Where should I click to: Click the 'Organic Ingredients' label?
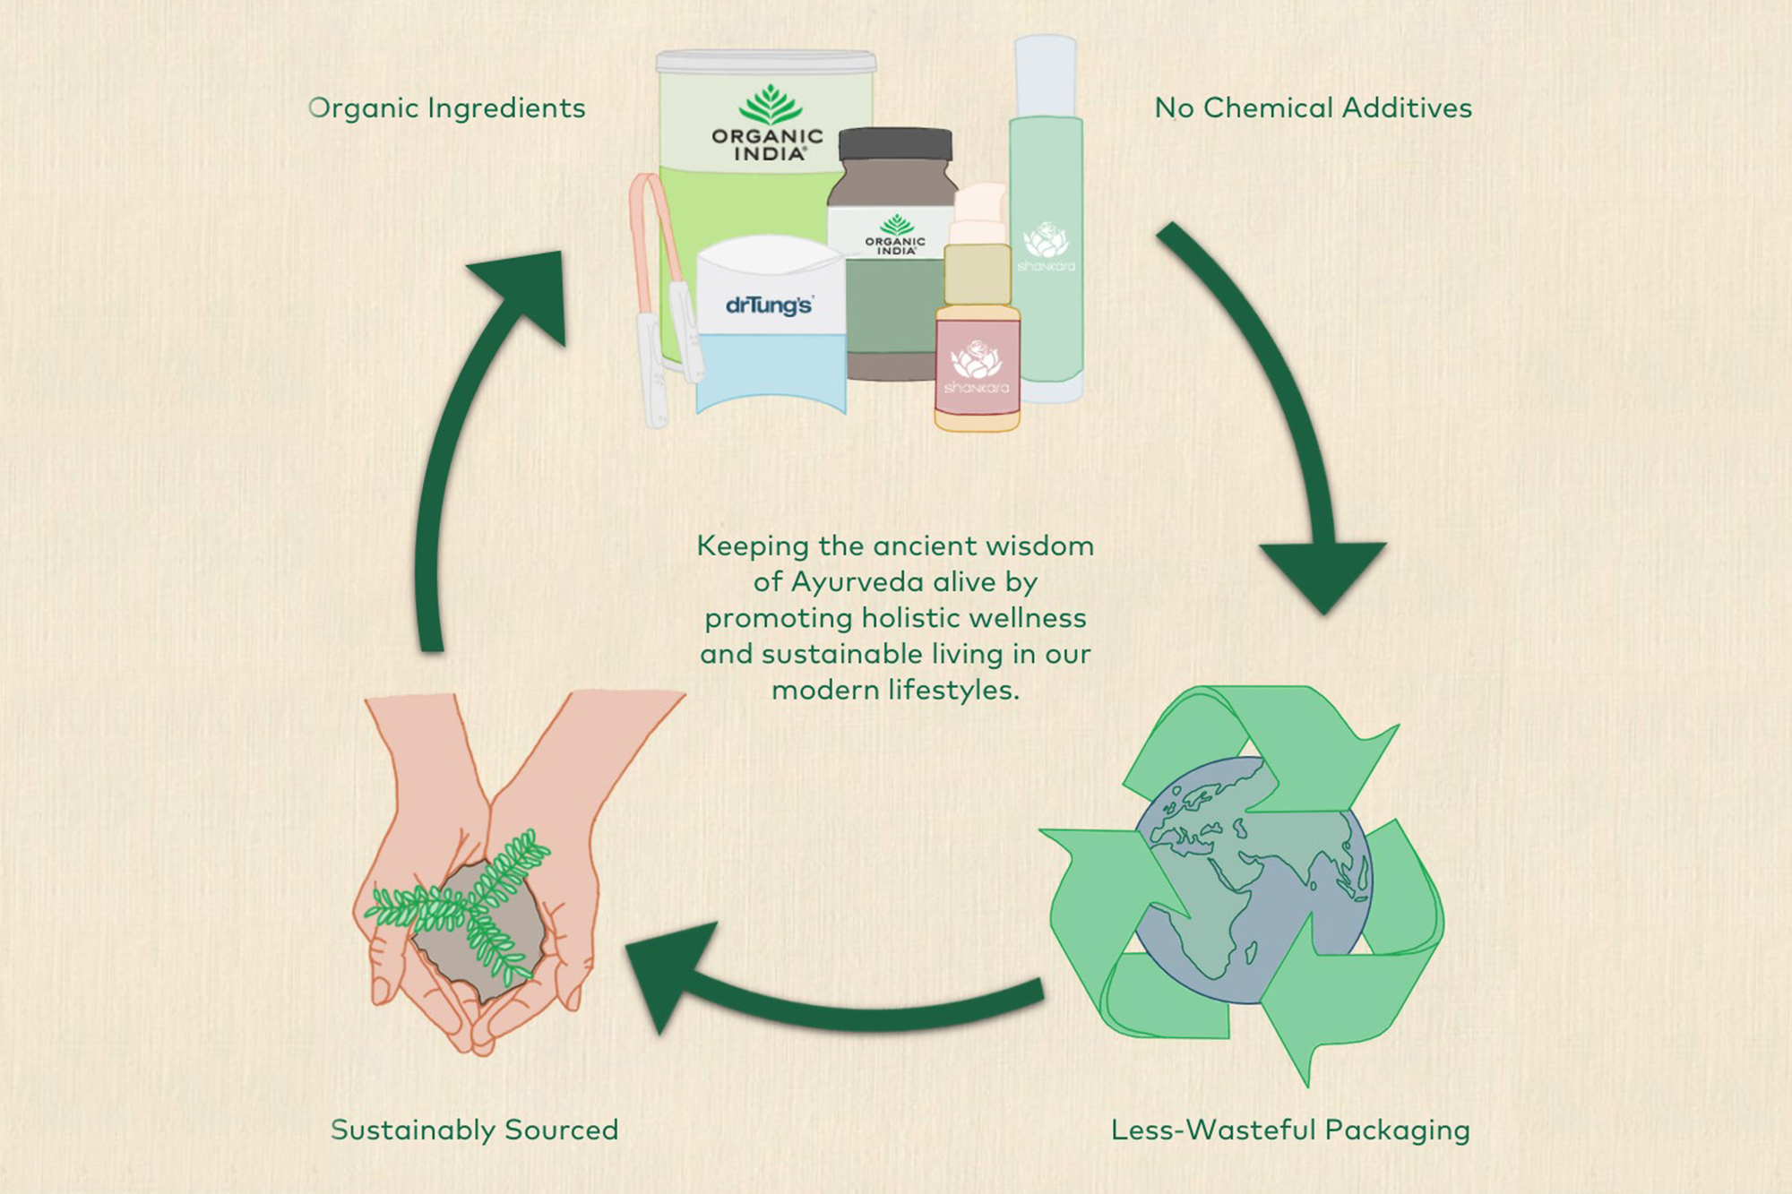click(446, 108)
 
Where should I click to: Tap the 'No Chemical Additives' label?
click(1313, 107)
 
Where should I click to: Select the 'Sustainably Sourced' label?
click(474, 1130)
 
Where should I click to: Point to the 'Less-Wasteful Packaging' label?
click(1290, 1130)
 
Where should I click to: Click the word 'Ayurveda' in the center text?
click(857, 582)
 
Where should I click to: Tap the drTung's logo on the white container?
click(769, 305)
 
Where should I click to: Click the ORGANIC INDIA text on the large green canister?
click(767, 145)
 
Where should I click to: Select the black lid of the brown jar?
click(895, 145)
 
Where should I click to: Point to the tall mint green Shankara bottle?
click(1047, 219)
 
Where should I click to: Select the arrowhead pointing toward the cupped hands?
click(670, 976)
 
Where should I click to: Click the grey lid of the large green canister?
click(766, 62)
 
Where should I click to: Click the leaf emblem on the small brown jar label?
click(896, 224)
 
